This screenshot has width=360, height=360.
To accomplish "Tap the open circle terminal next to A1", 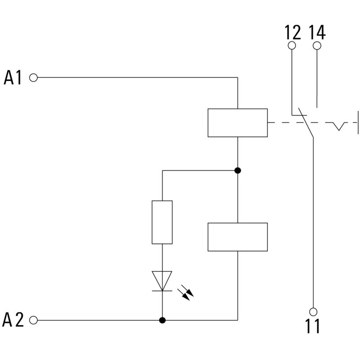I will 33,77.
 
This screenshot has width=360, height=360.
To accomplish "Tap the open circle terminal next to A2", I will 33,320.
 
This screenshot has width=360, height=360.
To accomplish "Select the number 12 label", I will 292,32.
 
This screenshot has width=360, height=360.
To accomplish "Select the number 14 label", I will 317,32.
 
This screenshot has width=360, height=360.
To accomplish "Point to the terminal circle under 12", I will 292,45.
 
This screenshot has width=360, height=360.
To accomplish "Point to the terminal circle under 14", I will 317,45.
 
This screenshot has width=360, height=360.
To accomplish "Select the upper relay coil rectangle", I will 237,122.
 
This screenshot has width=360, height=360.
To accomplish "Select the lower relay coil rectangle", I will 237,237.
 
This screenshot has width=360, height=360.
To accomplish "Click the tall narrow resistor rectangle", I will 162,222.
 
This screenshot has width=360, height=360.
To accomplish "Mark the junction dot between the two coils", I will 238,171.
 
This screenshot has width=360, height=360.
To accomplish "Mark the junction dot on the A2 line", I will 162,320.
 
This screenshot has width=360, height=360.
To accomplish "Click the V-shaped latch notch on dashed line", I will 339,126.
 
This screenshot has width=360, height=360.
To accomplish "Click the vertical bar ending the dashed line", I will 358,122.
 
